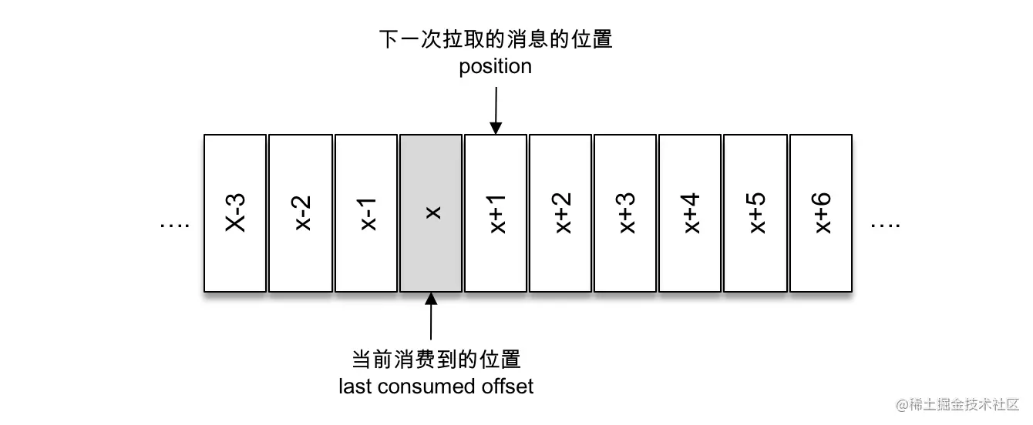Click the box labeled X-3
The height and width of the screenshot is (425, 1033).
235,213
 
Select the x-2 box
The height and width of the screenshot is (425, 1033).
301,213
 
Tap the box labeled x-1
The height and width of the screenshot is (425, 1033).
366,213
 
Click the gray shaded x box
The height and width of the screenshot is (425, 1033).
431,213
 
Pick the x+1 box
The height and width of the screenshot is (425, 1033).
496,213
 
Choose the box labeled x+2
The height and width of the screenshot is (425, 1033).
560,213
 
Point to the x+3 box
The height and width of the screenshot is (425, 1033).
625,213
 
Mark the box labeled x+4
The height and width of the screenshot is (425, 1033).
690,213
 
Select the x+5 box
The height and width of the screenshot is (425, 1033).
755,213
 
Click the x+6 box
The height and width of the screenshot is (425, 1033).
821,213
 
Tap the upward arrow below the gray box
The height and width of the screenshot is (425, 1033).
431,317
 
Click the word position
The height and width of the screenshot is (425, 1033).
496,67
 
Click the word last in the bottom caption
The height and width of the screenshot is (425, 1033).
354,386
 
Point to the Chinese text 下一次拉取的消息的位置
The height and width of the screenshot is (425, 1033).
496,39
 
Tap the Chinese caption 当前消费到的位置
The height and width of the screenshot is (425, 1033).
436,359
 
